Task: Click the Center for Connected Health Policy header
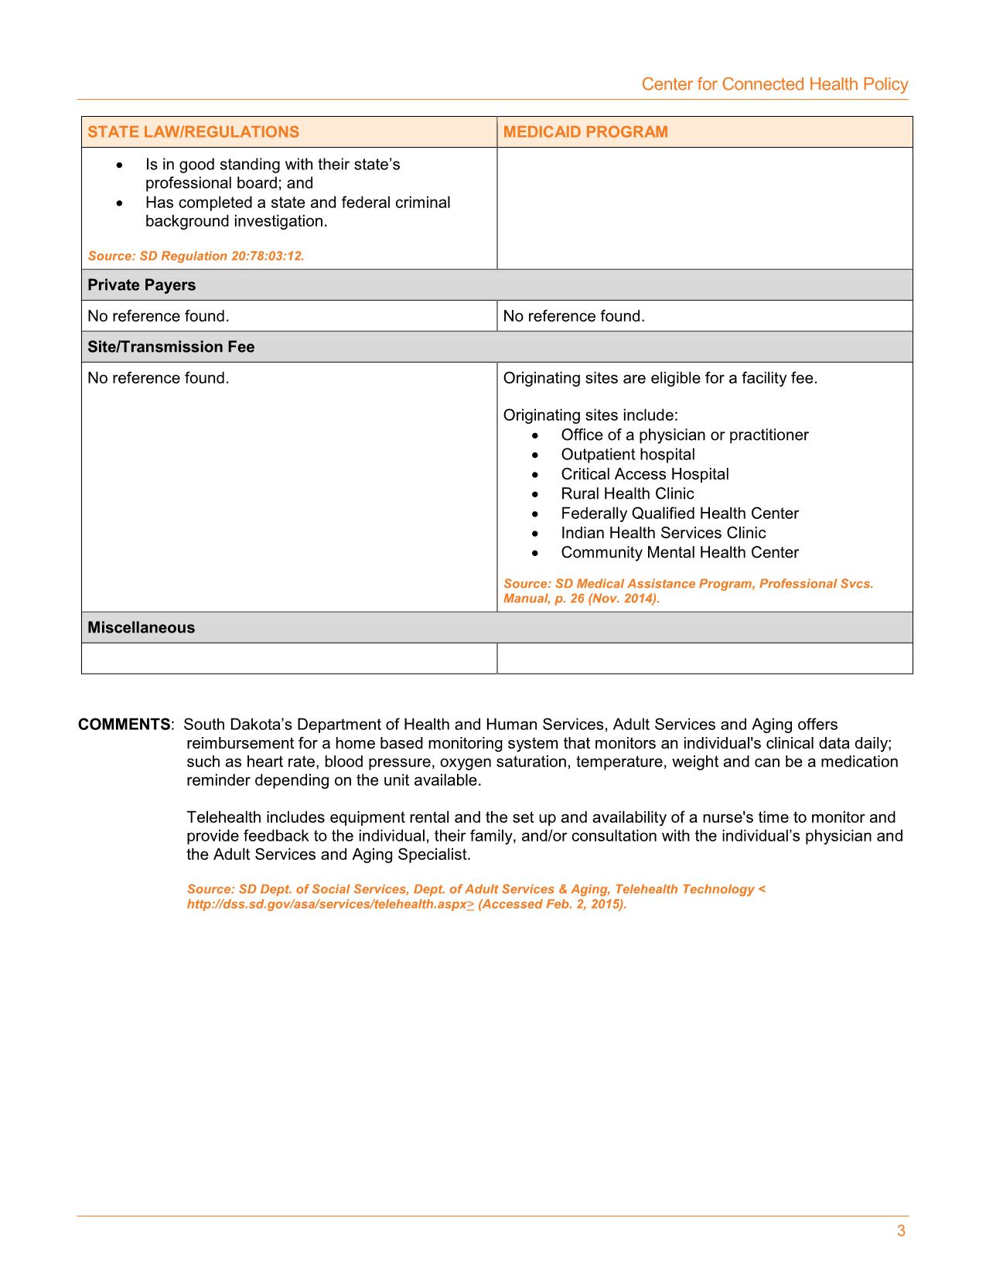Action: tap(774, 84)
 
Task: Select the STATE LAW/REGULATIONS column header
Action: tap(193, 131)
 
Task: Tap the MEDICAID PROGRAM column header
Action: tap(585, 131)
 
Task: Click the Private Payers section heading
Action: tap(142, 285)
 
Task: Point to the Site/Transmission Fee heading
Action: tap(171, 347)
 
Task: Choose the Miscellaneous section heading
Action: tap(141, 628)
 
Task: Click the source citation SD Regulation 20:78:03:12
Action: tap(196, 256)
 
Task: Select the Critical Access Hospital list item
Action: tap(644, 474)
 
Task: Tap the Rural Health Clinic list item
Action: tap(627, 493)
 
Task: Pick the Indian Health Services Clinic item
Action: tap(663, 533)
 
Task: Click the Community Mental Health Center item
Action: tap(679, 552)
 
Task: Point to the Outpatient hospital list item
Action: tap(627, 455)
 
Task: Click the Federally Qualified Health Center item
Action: tap(679, 513)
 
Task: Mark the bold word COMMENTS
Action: tap(125, 725)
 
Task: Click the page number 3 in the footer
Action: tap(900, 1231)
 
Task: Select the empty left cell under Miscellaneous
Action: tap(288, 658)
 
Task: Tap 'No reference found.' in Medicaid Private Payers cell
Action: tap(573, 316)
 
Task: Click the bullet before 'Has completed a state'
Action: tap(118, 203)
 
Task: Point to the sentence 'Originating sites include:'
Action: tap(590, 415)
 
